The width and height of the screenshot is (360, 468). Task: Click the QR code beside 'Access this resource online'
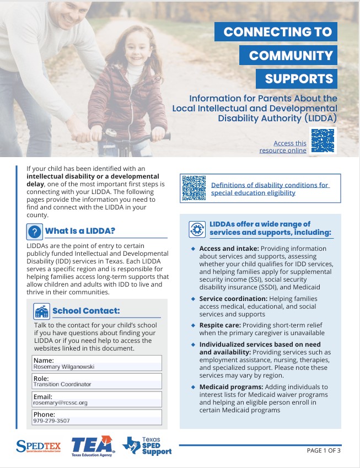click(323, 140)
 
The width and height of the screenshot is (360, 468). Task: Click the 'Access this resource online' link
click(283, 147)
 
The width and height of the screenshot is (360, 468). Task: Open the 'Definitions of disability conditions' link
click(270, 189)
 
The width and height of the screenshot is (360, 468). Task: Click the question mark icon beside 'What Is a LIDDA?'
click(35, 232)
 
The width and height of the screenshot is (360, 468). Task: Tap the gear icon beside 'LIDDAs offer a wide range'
click(197, 229)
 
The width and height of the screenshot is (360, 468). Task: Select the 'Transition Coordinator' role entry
click(62, 384)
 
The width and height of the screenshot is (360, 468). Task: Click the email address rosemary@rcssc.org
click(60, 403)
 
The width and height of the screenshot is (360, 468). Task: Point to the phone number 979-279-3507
click(51, 421)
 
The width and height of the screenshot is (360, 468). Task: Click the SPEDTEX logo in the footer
click(38, 445)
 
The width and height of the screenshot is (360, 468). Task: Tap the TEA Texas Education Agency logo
click(93, 445)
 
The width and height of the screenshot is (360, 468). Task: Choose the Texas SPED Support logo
click(147, 445)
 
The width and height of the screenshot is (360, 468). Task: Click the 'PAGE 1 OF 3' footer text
click(324, 450)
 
